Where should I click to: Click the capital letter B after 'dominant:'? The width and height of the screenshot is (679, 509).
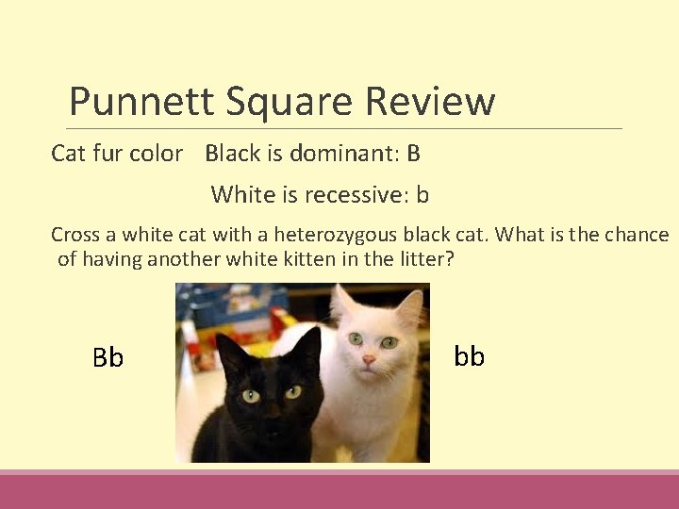pos(413,153)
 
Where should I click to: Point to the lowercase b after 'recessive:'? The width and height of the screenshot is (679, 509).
pos(422,195)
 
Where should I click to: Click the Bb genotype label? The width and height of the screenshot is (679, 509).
pos(108,358)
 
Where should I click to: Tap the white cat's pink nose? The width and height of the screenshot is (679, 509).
pos(369,359)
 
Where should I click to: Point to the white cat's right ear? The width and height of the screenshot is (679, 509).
pos(408,304)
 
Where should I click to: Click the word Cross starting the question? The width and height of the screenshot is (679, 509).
pos(72,234)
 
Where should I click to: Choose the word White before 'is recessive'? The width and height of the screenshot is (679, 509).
pos(238,195)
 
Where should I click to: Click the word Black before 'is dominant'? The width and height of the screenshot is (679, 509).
pos(232,153)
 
